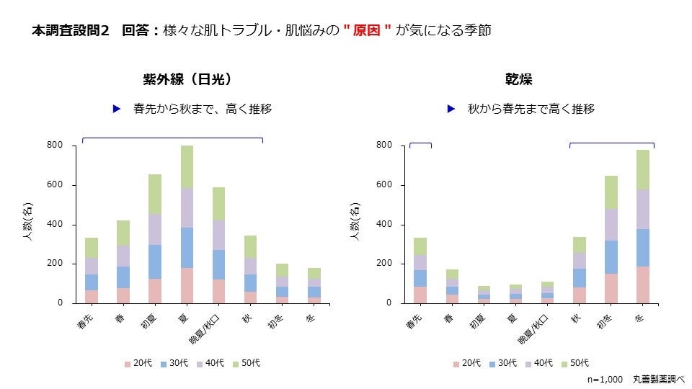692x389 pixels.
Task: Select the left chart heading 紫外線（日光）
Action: tap(187, 79)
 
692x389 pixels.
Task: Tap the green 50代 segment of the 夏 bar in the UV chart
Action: tap(187, 166)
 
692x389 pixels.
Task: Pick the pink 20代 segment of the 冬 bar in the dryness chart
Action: tap(642, 285)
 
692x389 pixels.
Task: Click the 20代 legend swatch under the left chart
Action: tap(128, 364)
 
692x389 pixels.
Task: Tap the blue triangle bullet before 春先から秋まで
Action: tap(116, 109)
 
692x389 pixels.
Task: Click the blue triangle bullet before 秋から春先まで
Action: tap(451, 109)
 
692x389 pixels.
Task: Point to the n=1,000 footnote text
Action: tap(605, 378)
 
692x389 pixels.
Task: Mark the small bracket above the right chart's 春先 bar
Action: tap(420, 143)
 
